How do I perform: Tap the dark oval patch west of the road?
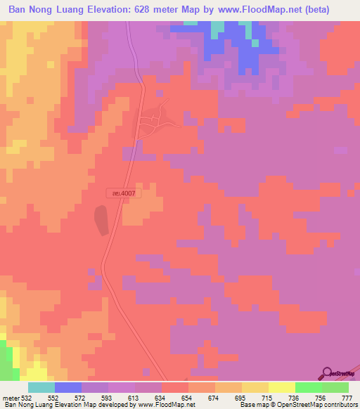102,221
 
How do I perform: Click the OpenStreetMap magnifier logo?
328,373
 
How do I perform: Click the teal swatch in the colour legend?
41,387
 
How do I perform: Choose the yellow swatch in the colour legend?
255,387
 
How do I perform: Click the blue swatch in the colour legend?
68,387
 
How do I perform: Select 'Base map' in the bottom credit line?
252,405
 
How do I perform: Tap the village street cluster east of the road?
153,121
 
